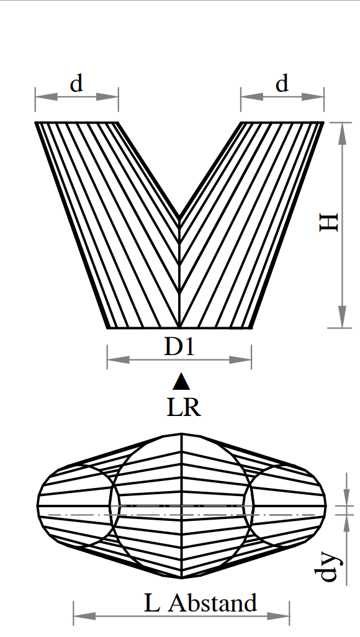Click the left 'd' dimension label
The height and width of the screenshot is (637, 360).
tap(76, 84)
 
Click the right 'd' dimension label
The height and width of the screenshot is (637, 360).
tap(282, 84)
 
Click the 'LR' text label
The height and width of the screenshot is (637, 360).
tap(184, 407)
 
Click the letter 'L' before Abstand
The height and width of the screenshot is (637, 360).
tap(151, 603)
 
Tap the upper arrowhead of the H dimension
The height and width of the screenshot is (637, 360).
tap(343, 133)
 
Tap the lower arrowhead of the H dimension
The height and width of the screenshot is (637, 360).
tap(343, 317)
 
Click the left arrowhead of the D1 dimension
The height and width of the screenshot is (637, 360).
tap(118, 360)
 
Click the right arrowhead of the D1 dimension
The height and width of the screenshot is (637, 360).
tap(241, 360)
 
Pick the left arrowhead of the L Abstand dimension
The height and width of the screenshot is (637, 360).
tap(84, 617)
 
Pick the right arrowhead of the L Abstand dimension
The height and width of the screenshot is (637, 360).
tap(278, 617)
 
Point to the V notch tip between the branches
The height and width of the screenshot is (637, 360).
tap(179, 217)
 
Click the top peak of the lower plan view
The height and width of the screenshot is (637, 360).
tap(181, 434)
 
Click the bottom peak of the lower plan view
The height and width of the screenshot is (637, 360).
tap(181, 577)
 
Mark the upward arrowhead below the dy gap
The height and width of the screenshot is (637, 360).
tap(346, 525)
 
